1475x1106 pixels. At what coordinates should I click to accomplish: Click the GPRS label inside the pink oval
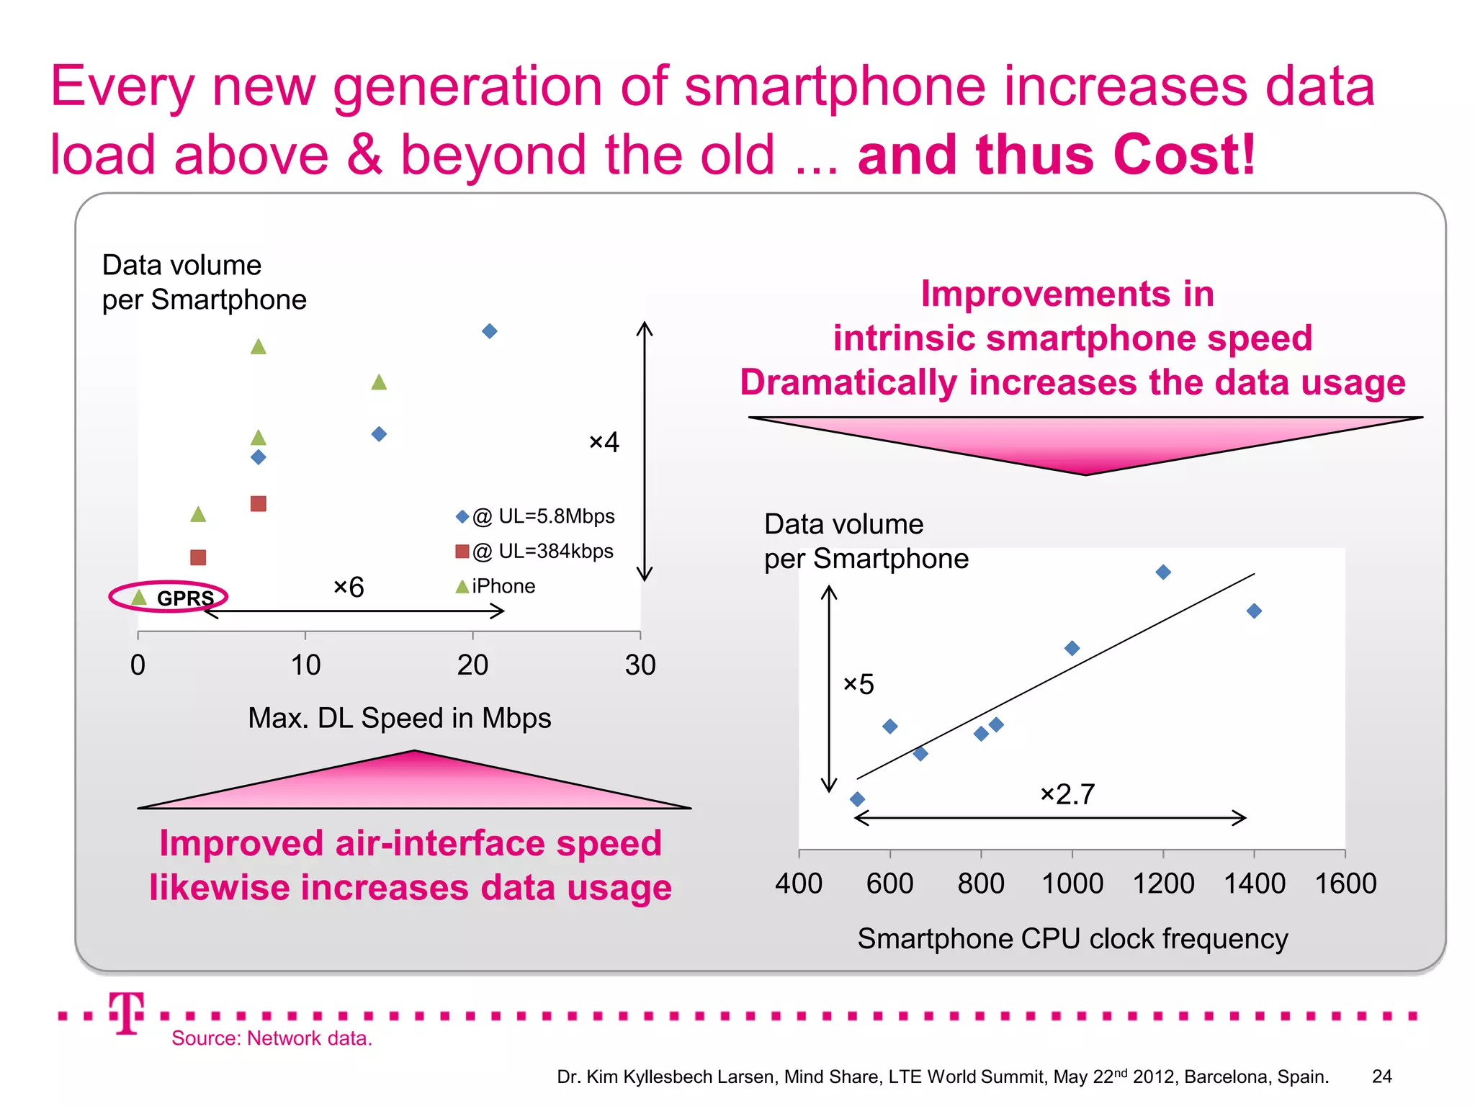(x=185, y=598)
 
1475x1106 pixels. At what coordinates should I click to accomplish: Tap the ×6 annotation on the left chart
(x=349, y=588)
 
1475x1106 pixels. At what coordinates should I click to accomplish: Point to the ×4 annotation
(x=604, y=442)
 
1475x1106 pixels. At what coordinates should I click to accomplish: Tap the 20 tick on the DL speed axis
(x=472, y=665)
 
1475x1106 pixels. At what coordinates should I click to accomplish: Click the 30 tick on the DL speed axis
(x=640, y=665)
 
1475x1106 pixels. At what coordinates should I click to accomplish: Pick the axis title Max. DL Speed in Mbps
(x=399, y=718)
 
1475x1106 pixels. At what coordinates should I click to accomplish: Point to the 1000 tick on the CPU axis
(x=1072, y=884)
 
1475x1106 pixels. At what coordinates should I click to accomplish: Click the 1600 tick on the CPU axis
(x=1345, y=884)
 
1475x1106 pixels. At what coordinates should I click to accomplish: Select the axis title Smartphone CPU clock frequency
(x=1072, y=939)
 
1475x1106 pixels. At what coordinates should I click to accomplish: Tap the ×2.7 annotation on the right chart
(x=1067, y=794)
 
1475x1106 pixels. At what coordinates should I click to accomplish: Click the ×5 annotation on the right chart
(x=858, y=684)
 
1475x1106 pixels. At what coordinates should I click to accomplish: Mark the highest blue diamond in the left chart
(x=490, y=331)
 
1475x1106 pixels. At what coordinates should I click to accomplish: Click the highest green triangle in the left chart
(x=259, y=347)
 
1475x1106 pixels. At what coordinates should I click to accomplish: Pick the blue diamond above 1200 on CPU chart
(x=1163, y=572)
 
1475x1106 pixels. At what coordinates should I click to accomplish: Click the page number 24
(x=1381, y=1076)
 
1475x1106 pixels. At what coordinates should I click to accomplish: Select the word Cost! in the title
(x=1183, y=155)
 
